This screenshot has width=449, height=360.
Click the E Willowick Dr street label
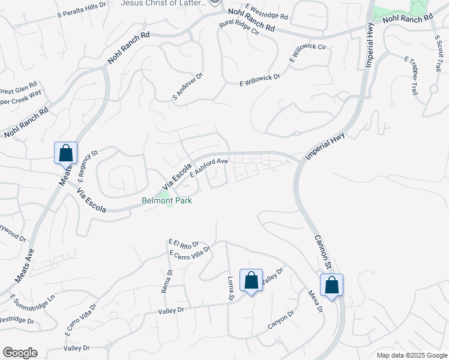(260, 80)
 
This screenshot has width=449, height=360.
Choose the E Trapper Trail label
(411, 76)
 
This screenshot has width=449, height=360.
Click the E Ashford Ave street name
(209, 167)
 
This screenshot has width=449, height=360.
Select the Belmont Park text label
(167, 201)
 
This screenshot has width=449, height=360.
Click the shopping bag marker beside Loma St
(251, 280)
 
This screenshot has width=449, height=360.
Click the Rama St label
(166, 281)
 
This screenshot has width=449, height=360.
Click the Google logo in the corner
(20, 353)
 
